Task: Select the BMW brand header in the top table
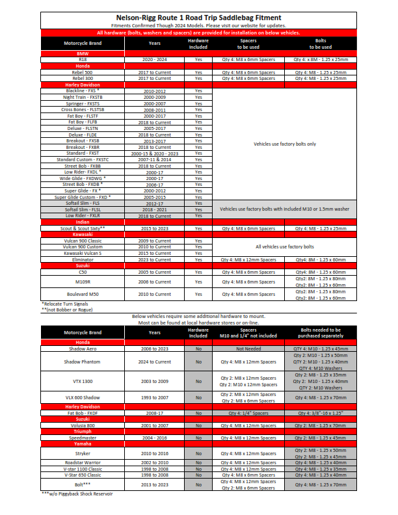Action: point(82,53)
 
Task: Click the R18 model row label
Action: point(82,59)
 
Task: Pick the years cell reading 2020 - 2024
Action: point(154,59)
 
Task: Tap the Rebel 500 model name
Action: point(82,72)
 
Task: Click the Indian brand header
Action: point(82,222)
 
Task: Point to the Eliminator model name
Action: point(82,259)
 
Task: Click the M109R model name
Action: point(82,282)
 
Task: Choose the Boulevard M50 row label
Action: point(82,293)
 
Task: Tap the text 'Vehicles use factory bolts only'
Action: point(285,144)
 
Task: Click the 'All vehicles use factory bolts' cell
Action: point(285,247)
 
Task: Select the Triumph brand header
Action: point(82,431)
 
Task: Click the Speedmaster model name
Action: point(82,438)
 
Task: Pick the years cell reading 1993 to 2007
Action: point(154,397)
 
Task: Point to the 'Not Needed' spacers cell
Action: point(248,349)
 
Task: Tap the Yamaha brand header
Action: point(82,443)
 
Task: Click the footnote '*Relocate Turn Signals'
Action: point(65,304)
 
